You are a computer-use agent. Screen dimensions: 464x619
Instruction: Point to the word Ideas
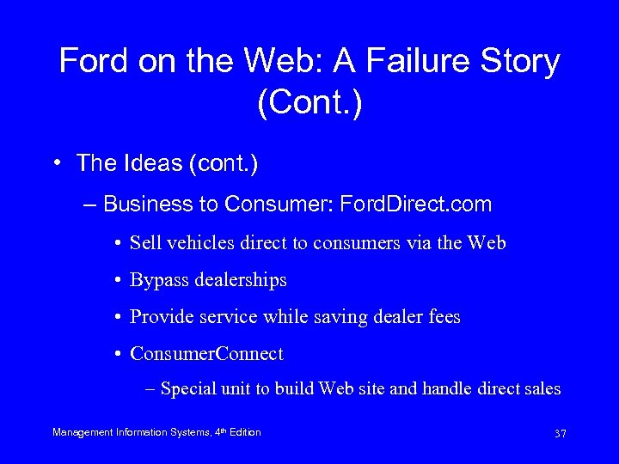click(x=142, y=162)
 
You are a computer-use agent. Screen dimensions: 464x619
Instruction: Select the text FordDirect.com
click(x=416, y=205)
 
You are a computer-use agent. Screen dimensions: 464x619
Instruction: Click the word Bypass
click(x=157, y=280)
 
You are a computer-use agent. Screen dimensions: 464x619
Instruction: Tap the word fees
click(x=442, y=317)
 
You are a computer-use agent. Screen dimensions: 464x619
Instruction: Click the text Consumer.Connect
click(x=206, y=354)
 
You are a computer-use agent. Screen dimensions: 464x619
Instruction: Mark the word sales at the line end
click(x=541, y=389)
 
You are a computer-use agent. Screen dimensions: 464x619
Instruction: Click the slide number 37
click(x=560, y=434)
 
